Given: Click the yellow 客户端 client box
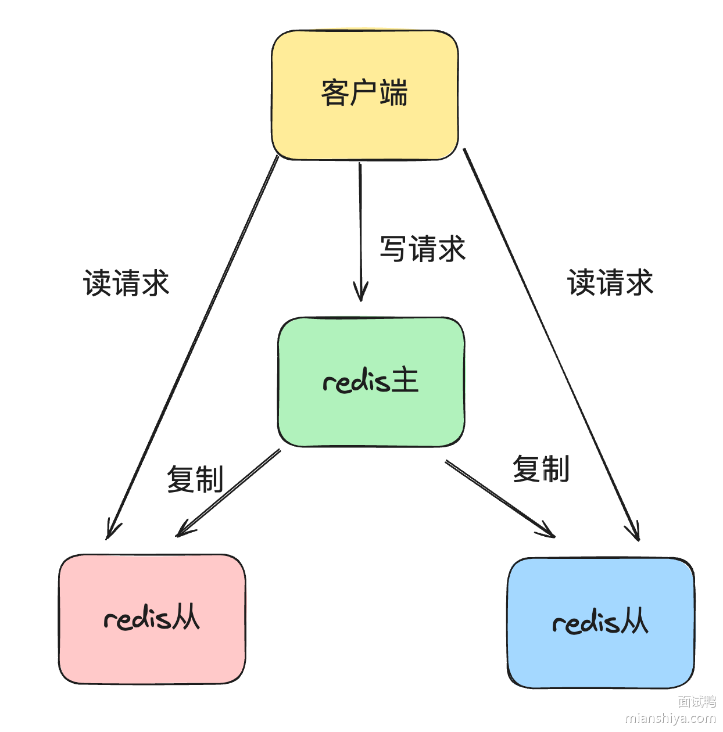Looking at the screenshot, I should [x=364, y=95].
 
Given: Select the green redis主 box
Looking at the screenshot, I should [x=371, y=382].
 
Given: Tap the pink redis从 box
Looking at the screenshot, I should [x=152, y=619].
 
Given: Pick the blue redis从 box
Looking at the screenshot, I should [x=600, y=623].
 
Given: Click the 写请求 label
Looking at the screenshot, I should [x=423, y=249].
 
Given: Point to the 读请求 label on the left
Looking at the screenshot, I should [x=126, y=284].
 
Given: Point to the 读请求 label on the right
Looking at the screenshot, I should [x=610, y=283].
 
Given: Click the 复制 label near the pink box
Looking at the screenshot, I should [x=195, y=479].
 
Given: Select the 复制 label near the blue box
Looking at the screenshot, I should [x=541, y=469].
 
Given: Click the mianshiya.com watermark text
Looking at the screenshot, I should [x=670, y=719].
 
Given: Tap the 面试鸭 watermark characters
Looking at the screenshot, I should [x=697, y=702].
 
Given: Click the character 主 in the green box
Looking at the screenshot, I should [x=405, y=381].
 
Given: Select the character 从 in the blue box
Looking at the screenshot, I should [x=633, y=622].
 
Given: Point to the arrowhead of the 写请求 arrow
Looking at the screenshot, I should [x=361, y=293].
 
